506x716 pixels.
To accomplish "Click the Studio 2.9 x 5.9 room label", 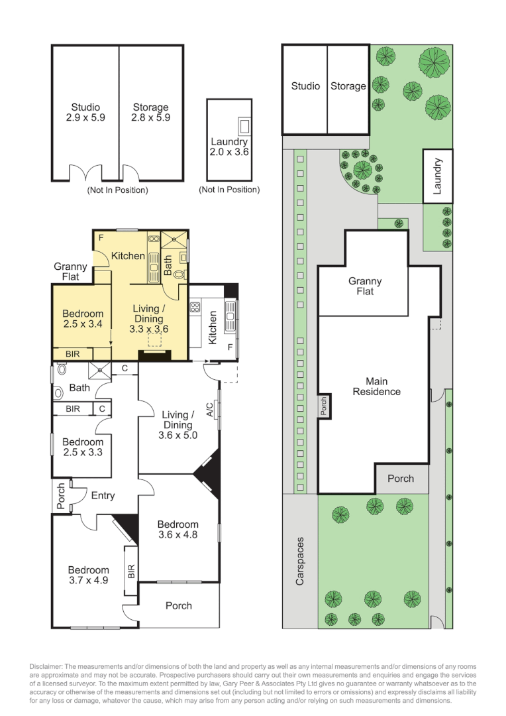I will [85, 112].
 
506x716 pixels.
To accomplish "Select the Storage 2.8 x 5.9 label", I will [150, 112].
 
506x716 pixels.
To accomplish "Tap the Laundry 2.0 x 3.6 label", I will [229, 147].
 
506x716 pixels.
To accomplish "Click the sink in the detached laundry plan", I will [244, 125].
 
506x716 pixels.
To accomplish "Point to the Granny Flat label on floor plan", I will [71, 271].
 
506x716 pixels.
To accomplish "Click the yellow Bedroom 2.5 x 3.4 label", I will [83, 319].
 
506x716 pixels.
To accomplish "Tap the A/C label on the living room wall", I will [210, 409].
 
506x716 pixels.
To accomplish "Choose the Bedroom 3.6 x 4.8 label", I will [178, 529].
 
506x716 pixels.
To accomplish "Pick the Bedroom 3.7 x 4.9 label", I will [88, 575].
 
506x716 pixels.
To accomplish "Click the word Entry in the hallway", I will [103, 495].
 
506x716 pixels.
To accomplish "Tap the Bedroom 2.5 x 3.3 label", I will [83, 447].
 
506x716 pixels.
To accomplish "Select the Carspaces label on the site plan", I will [300, 560].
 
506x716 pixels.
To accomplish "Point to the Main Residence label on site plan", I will [376, 387].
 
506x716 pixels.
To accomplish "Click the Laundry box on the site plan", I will [438, 175].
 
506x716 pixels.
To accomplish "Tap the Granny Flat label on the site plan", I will [365, 286].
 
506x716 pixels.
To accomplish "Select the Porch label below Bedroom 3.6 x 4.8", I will [179, 605].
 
